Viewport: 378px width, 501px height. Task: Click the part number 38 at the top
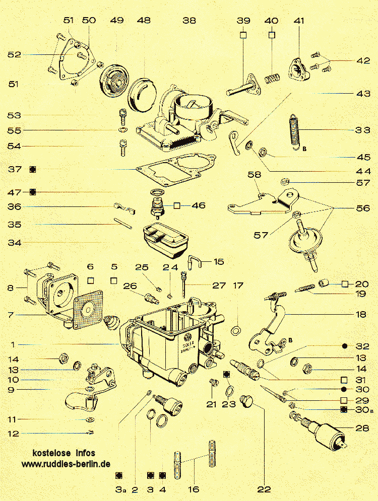coord(190,21)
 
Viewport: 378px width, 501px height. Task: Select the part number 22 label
coord(264,489)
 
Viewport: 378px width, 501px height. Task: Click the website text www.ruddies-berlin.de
coord(66,464)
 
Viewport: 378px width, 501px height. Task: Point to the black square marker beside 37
coord(33,169)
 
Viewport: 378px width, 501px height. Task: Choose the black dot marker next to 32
coord(345,346)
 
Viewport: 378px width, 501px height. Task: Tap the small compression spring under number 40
coord(272,80)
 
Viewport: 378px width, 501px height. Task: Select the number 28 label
coord(362,428)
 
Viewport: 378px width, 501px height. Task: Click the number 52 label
coord(14,54)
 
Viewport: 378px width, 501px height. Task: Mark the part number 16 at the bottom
coord(193,489)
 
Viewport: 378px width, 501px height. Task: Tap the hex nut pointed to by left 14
coord(64,358)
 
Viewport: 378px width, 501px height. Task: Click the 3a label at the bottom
coord(119,489)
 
